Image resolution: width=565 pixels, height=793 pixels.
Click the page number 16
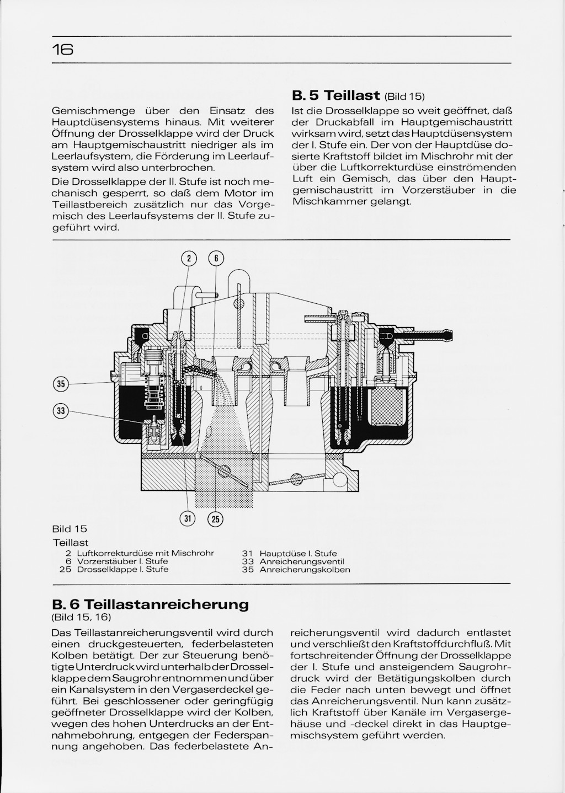63,50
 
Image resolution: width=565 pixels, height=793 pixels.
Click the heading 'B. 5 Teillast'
335,95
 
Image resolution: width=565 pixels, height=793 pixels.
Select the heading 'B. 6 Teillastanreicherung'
150,603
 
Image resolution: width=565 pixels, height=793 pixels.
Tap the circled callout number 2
189,258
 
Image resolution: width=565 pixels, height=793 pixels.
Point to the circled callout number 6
215,258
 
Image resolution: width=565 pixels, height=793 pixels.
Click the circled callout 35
61,384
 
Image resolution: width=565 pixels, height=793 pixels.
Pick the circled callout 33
61,410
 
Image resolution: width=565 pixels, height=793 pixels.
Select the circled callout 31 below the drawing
189,518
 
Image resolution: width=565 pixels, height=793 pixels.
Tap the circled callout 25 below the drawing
215,518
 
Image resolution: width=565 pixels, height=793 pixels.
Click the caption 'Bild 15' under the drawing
70,529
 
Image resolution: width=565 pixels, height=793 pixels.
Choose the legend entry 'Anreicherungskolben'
305,569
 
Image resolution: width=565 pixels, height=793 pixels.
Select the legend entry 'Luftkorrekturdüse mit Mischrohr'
145,553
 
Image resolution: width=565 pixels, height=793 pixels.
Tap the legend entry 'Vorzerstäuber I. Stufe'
122,561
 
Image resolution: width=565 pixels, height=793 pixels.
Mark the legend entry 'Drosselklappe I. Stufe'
122,569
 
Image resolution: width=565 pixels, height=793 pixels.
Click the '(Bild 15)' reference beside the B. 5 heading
404,97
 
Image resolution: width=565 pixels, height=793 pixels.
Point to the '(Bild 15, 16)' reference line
81,617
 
